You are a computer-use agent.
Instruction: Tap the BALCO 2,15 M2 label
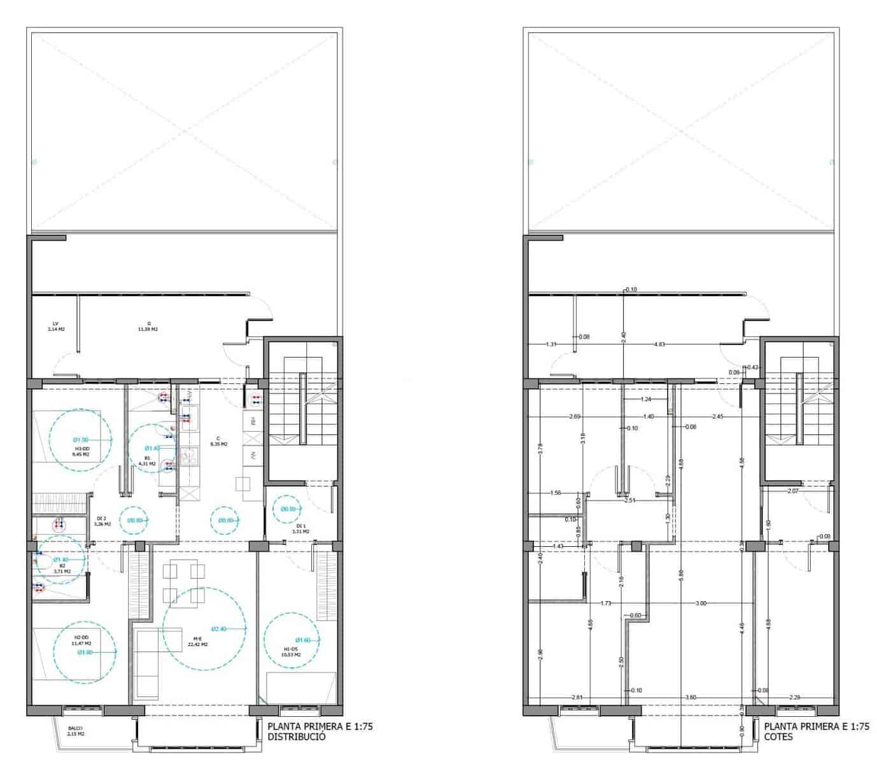[76, 732]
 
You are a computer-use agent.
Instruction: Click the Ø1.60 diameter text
[303, 640]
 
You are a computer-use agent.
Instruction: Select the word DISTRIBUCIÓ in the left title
[297, 737]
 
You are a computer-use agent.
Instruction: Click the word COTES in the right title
[778, 737]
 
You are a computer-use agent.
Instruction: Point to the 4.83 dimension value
[660, 344]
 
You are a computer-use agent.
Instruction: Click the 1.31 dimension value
[551, 344]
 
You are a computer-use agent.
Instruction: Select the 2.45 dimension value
[718, 416]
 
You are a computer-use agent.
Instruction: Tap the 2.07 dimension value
[793, 492]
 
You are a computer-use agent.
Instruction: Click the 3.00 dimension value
[701, 602]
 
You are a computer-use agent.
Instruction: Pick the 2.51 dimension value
[630, 500]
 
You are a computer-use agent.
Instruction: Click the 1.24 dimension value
[646, 399]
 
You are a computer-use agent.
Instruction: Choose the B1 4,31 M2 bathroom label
[147, 460]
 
